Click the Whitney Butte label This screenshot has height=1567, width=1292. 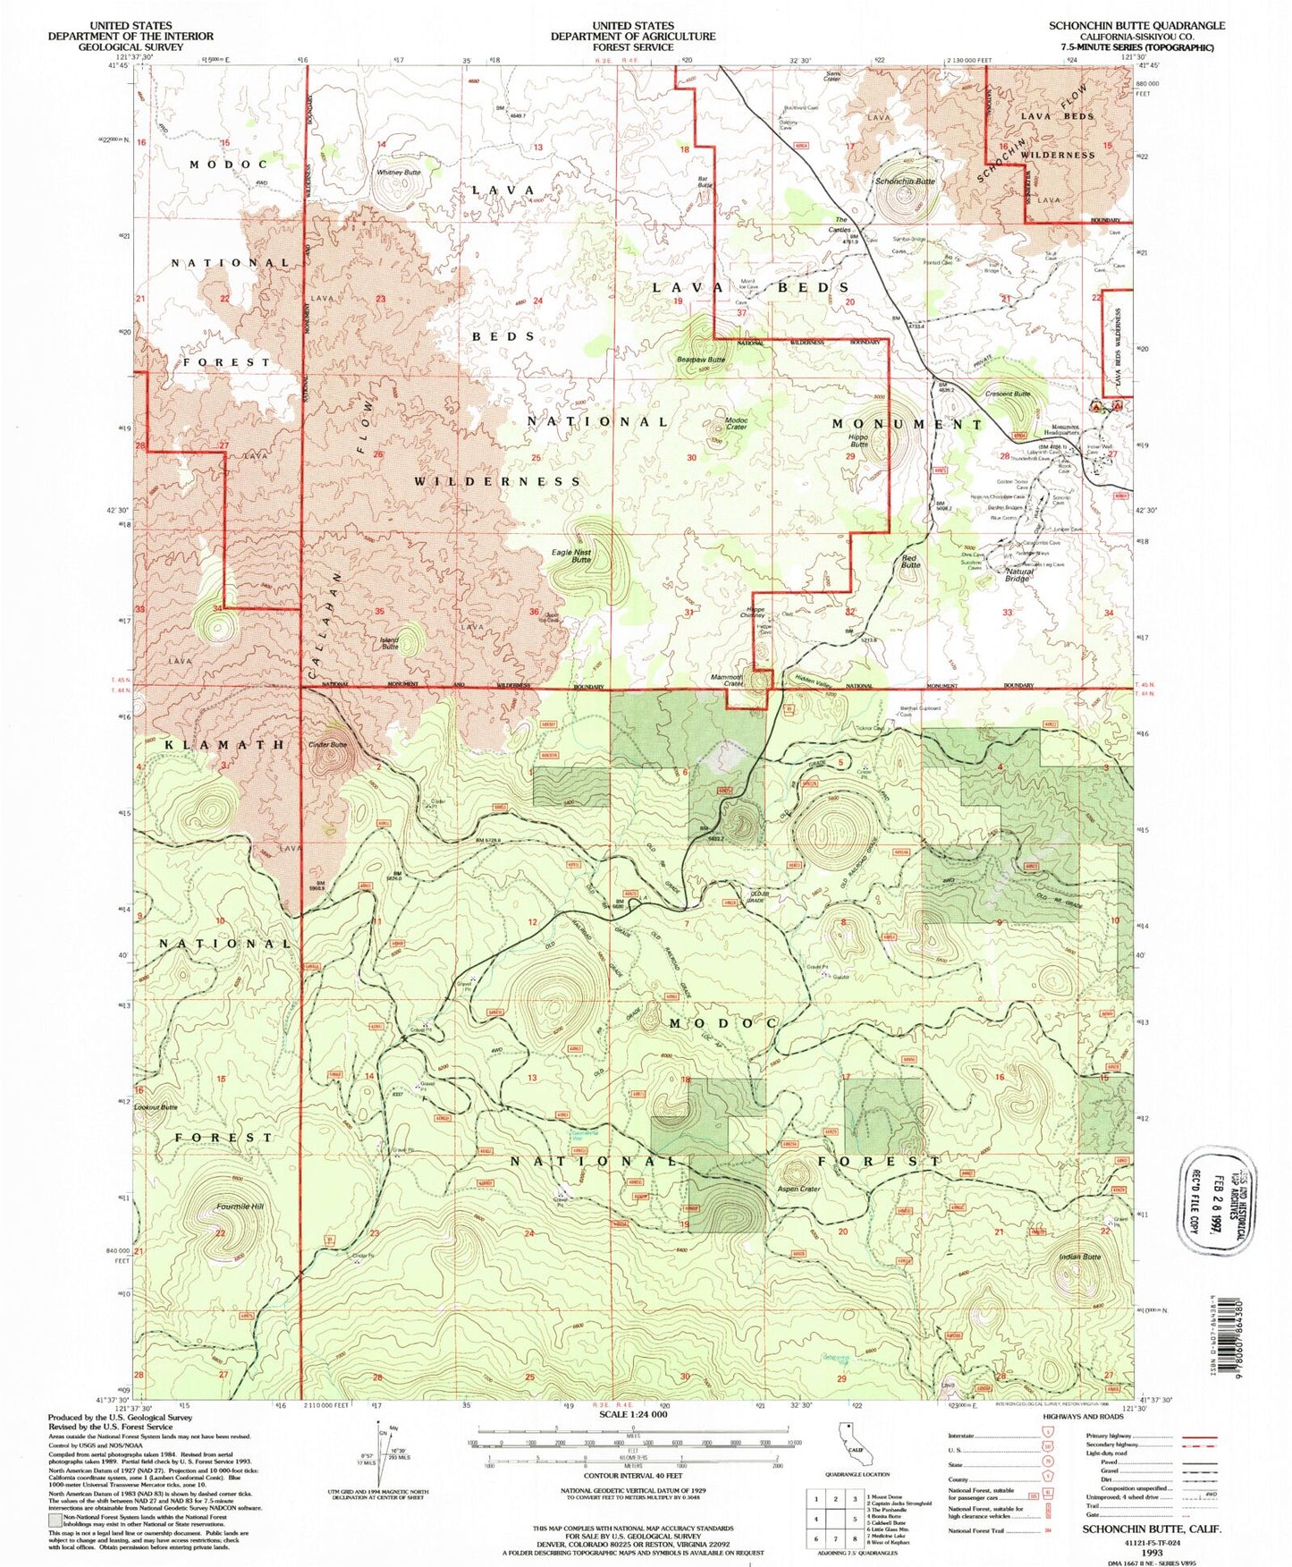tap(398, 172)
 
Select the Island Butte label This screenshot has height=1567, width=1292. tap(390, 643)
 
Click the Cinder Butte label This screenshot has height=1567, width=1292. tap(326, 744)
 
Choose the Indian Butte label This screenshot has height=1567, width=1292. tap(1079, 1257)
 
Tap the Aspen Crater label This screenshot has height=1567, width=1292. tap(798, 1189)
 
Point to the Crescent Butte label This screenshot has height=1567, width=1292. tap(1008, 394)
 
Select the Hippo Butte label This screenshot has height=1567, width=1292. tap(858, 441)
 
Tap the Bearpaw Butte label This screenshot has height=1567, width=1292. tap(701, 360)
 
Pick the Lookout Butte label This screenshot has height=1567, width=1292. tap(156, 1107)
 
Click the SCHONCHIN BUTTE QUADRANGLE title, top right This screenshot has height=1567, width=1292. tap(1130, 25)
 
